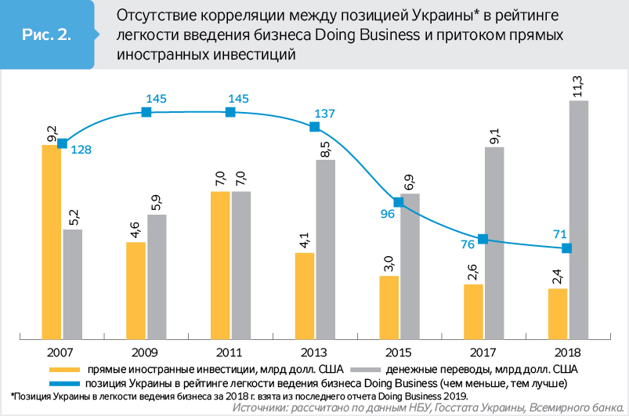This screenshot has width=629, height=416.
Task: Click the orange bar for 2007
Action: point(51,241)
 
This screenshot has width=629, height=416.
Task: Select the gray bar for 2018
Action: point(578,219)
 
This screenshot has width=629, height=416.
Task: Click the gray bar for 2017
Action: point(494,243)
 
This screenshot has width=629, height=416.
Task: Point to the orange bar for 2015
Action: point(389,306)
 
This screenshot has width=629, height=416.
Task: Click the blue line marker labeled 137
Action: point(314,127)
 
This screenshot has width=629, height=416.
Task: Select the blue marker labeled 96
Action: point(398,202)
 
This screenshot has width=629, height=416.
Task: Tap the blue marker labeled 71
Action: point(567,248)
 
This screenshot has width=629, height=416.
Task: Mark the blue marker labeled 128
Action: point(63,142)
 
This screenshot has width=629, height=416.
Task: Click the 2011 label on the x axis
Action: point(230,352)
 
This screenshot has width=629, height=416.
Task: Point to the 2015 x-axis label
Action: point(399,352)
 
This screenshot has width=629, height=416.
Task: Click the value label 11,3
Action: point(578,85)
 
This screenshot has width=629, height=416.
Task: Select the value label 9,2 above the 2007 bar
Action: point(52,133)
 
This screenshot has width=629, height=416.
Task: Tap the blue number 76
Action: point(466,244)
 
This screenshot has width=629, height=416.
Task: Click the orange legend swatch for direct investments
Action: point(63,368)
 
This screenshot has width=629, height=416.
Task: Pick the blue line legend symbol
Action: point(63,383)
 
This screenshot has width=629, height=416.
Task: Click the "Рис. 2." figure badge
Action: point(46,35)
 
